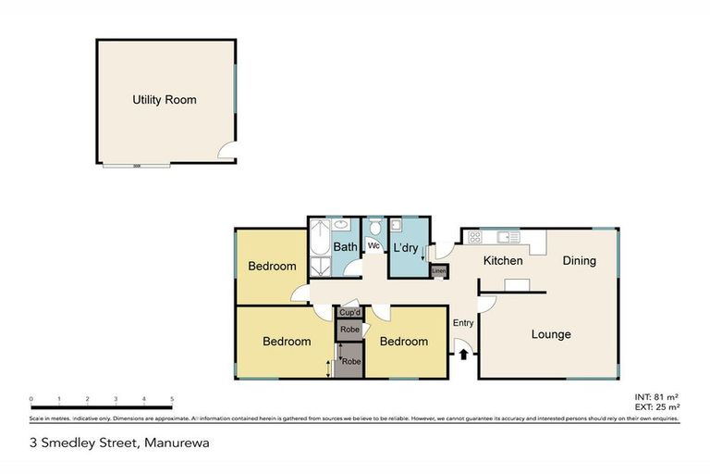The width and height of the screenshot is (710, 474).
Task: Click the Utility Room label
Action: [x=165, y=100]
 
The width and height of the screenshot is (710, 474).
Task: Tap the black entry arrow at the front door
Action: [x=463, y=353]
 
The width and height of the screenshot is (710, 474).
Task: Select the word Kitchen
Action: [x=502, y=261]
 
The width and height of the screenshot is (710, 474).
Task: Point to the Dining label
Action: [x=580, y=261]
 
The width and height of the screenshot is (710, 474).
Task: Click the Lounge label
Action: [x=550, y=334]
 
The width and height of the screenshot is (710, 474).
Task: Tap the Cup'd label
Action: [x=349, y=313]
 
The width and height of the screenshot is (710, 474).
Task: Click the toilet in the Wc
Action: [x=375, y=229]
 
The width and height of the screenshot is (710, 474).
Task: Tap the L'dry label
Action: [x=407, y=248]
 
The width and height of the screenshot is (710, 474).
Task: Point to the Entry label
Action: [x=463, y=322]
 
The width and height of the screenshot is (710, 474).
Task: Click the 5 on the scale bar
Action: [x=172, y=399]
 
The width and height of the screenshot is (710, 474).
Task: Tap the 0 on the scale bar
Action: [x=31, y=399]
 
